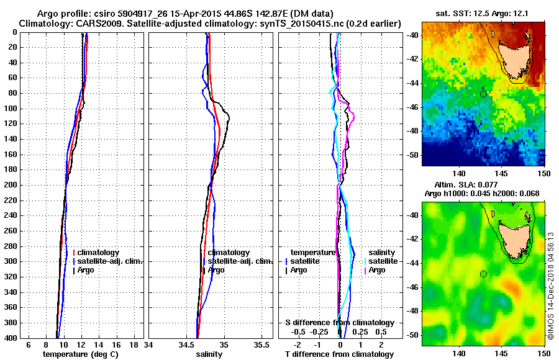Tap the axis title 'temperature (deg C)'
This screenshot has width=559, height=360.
(x=80, y=354)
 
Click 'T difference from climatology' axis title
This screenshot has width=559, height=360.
(x=340, y=354)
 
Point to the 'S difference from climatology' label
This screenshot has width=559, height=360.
(x=340, y=323)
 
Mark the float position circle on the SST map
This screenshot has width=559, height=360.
(x=483, y=93)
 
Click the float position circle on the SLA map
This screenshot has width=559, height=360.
(x=483, y=274)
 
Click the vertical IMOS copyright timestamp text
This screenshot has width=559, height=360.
(x=551, y=286)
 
